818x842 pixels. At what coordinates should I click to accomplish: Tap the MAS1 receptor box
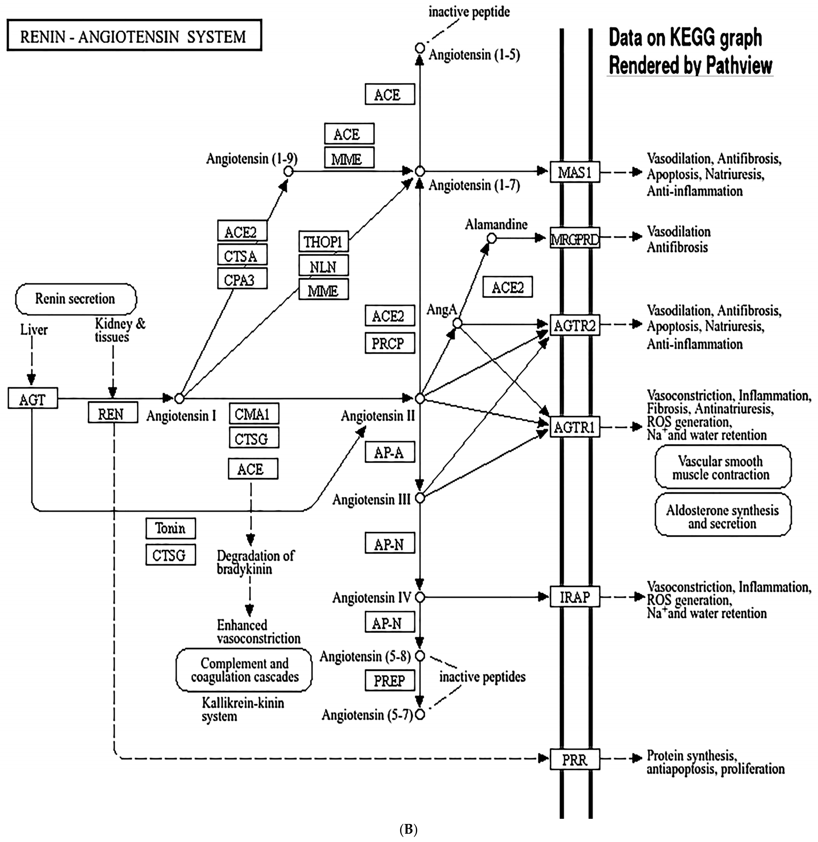tap(575, 172)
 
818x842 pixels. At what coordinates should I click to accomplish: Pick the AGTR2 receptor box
tap(575, 325)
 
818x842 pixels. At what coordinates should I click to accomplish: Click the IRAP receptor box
tap(575, 596)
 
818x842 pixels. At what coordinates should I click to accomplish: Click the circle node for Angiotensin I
tap(179, 398)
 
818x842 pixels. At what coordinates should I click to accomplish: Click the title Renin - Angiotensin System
tap(134, 35)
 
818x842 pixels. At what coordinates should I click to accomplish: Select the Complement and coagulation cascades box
tap(244, 670)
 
